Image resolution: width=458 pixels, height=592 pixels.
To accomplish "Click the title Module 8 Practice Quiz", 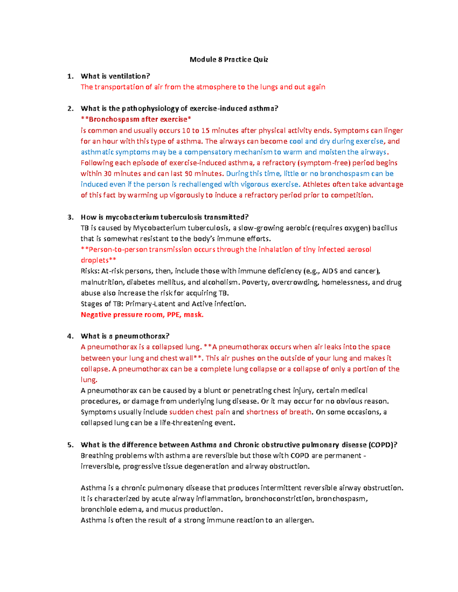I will (229, 59).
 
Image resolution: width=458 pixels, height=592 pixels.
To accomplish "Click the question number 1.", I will (69, 76).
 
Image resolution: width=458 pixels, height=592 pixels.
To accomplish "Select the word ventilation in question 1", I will (129, 76).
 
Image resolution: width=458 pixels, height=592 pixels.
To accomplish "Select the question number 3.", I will (69, 217).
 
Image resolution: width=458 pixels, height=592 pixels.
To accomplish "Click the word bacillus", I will (385, 228).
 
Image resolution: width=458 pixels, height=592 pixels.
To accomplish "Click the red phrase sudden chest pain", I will (199, 412).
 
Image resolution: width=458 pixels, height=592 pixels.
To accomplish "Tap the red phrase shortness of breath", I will (279, 412).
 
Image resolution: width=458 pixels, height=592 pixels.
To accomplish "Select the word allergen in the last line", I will (299, 520).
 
